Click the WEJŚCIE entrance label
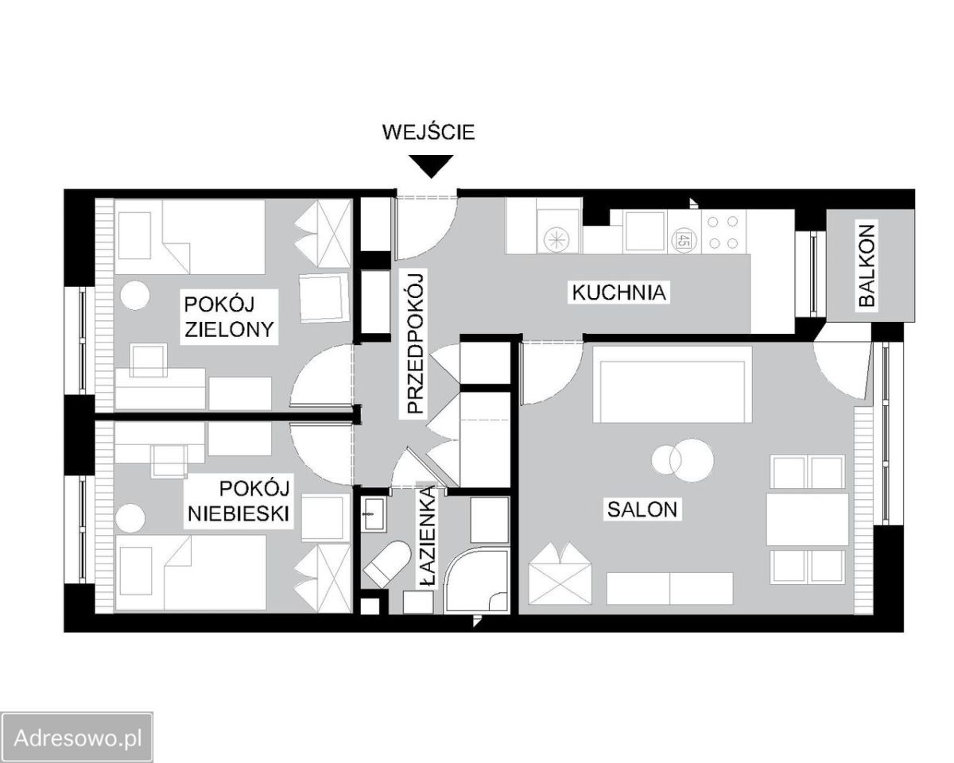[429, 132]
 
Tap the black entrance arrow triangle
[431, 166]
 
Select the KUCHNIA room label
[619, 293]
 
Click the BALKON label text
[867, 265]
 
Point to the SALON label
[642, 509]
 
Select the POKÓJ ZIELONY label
[229, 317]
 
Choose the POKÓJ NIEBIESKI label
[238, 502]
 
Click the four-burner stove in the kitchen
[722, 232]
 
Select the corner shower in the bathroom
[476, 580]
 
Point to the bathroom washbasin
[373, 513]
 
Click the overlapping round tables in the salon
[682, 459]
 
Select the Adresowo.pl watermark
[78, 739]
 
